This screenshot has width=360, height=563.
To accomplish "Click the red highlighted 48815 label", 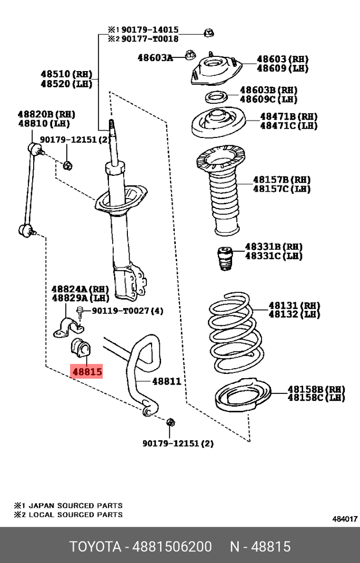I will (x=87, y=372).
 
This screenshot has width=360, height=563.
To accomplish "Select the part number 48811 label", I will (x=166, y=381).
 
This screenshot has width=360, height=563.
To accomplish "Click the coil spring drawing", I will (x=232, y=332).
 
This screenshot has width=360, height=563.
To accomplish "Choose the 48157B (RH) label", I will (x=282, y=180).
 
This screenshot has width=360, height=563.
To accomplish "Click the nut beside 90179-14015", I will (x=208, y=33).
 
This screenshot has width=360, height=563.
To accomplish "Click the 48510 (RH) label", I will (x=66, y=74).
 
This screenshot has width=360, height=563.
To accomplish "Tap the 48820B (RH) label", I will (x=46, y=114).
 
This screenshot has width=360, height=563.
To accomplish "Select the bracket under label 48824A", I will (x=70, y=327).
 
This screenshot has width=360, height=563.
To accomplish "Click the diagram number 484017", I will (x=345, y=519).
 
